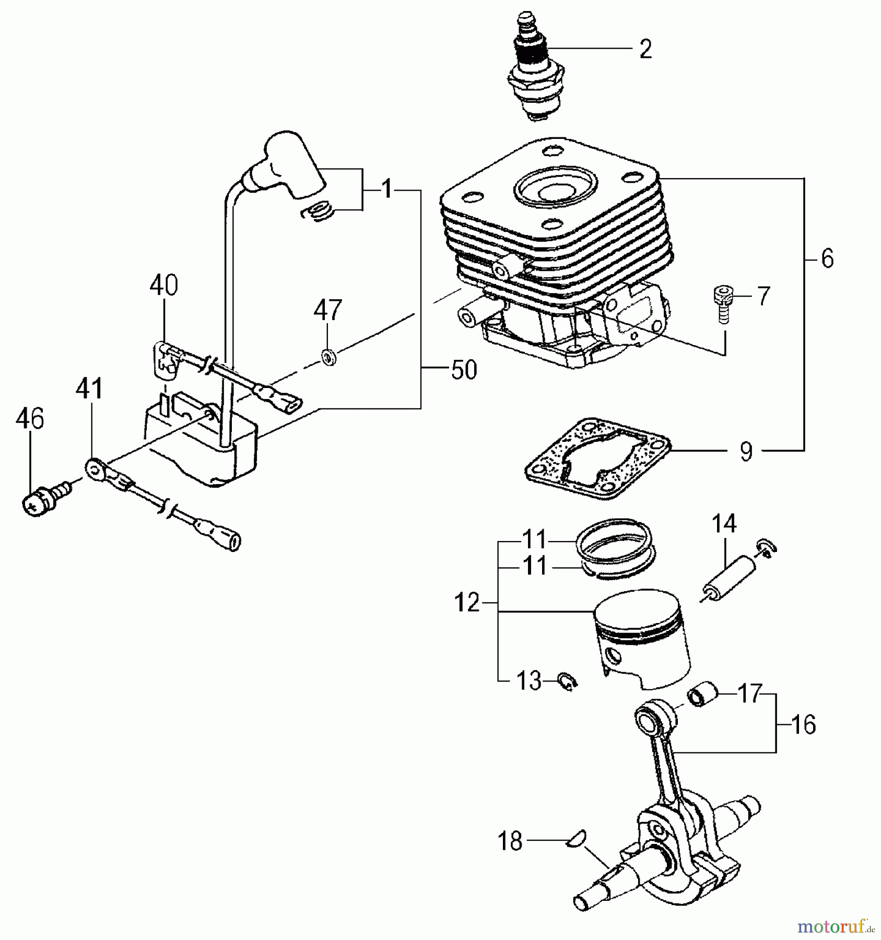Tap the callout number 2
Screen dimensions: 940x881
(645, 50)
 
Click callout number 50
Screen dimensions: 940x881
(464, 370)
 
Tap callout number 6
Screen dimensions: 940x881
(827, 259)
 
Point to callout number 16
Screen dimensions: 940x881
(803, 725)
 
